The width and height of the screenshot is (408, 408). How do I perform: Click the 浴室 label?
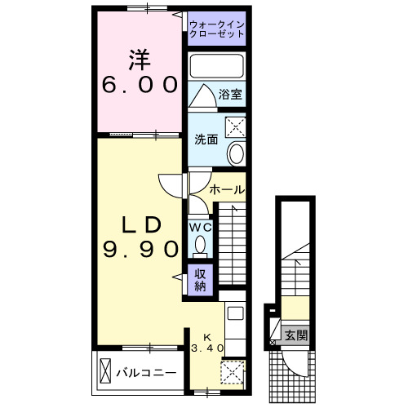(x=231, y=95)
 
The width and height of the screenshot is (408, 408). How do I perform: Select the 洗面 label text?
(x=206, y=140)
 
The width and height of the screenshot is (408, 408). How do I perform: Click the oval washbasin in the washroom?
(x=237, y=153)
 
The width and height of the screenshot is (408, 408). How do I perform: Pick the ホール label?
(x=227, y=189)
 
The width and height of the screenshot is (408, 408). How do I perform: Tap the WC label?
(x=200, y=228)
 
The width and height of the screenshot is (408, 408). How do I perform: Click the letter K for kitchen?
(x=206, y=336)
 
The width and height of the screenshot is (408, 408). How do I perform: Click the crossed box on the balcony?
(x=106, y=372)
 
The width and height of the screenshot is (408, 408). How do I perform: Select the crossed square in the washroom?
(x=237, y=126)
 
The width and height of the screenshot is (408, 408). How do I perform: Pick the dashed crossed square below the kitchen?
(x=232, y=372)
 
